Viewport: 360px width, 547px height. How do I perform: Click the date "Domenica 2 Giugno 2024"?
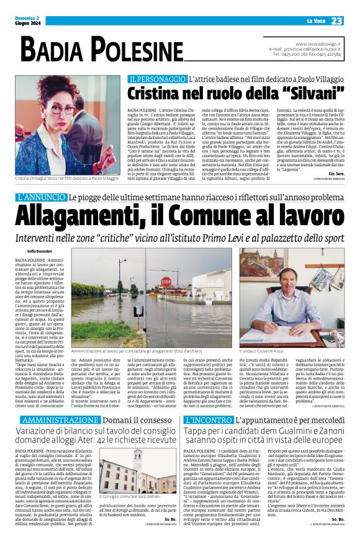tap(29, 21)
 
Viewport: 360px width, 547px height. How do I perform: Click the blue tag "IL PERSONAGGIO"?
tap(158, 79)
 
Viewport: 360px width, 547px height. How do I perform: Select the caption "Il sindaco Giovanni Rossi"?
tap(269, 352)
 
